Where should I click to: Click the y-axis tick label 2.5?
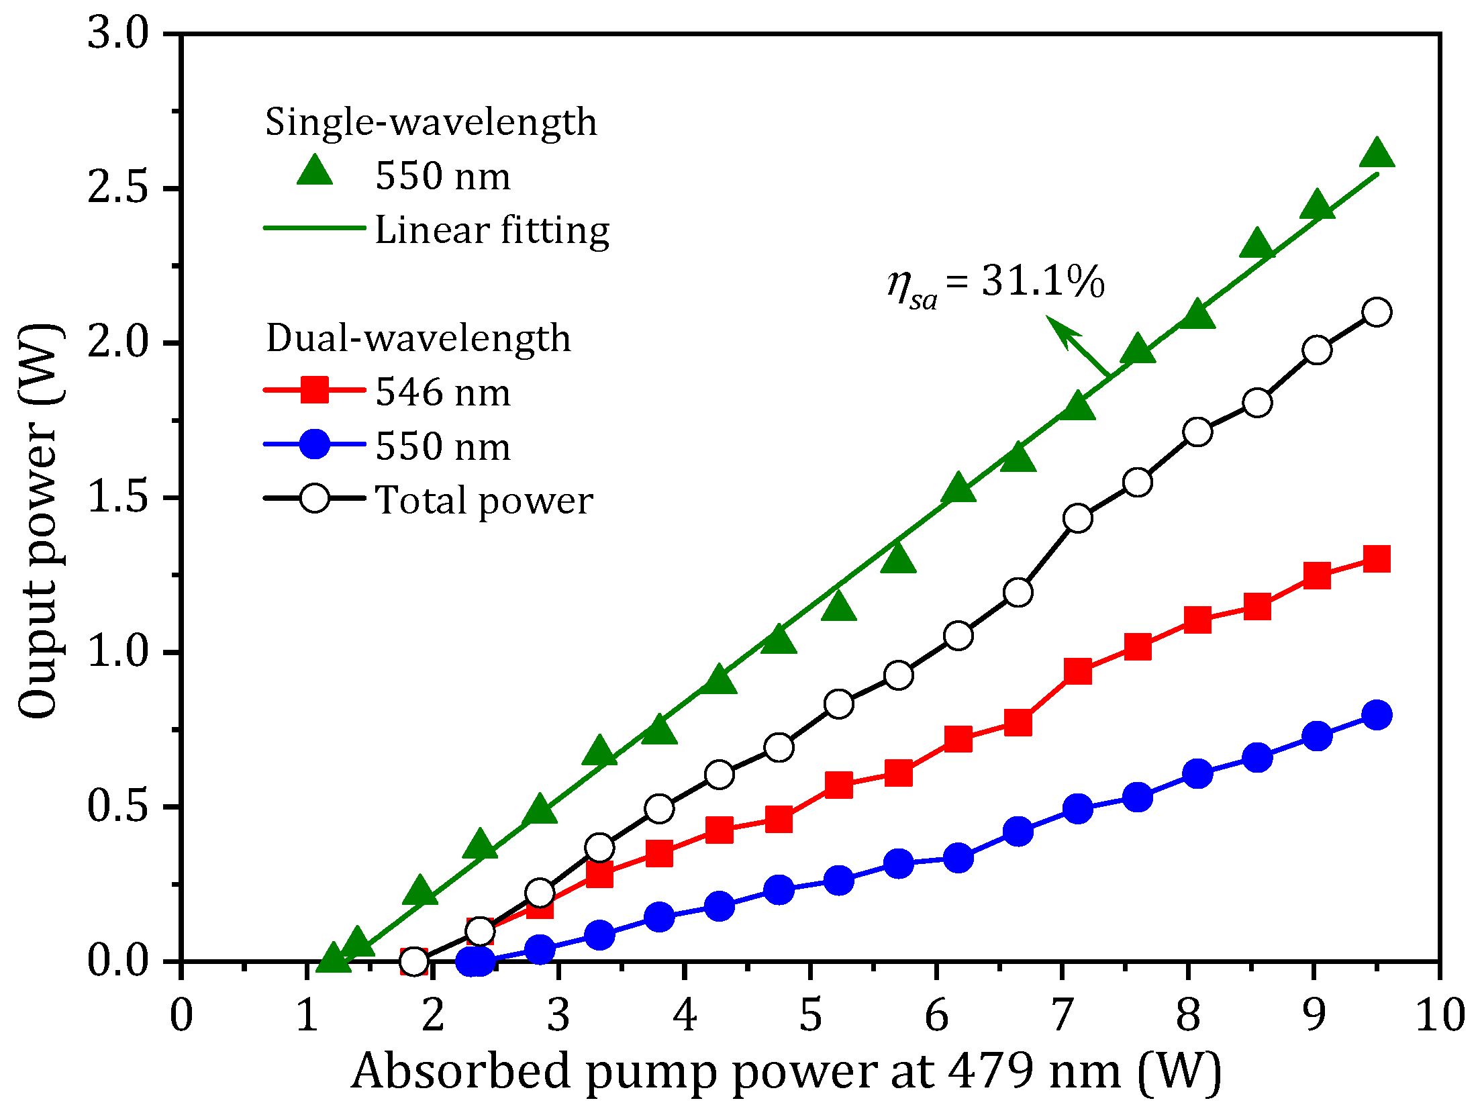coord(117,187)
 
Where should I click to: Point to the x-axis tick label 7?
coord(1063,1014)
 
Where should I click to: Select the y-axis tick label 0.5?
coord(117,806)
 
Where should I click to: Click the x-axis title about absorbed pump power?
coord(785,1071)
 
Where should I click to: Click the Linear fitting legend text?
coord(491,230)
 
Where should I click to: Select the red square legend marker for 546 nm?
coord(315,389)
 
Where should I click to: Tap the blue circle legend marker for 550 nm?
coord(315,444)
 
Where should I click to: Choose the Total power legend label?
coord(483,500)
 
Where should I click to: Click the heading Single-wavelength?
coord(431,122)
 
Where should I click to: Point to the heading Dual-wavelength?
coord(418,338)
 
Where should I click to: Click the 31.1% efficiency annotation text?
coord(995,283)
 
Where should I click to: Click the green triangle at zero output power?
coord(333,959)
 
